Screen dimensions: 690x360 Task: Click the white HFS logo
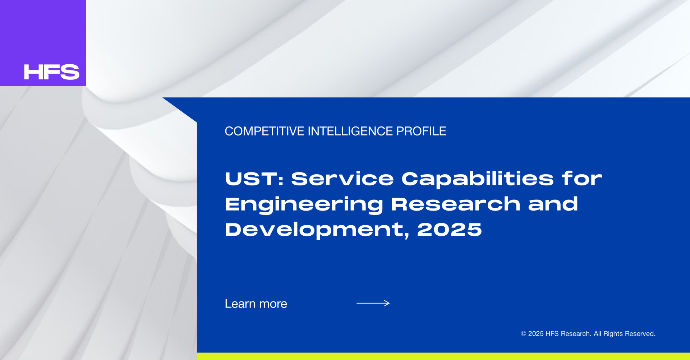pyautogui.click(x=51, y=72)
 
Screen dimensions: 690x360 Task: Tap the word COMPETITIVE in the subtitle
pyautogui.click(x=264, y=131)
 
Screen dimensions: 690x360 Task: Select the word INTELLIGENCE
pyautogui.click(x=350, y=131)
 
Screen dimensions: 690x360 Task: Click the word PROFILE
pyautogui.click(x=421, y=131)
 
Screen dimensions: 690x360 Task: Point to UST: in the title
pyautogui.click(x=254, y=179)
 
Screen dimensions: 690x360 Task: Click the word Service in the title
pyautogui.click(x=342, y=179)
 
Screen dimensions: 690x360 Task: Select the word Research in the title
pyautogui.click(x=456, y=204)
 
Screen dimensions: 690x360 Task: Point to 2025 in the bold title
pyautogui.click(x=449, y=230)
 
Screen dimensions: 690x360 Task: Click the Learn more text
pyautogui.click(x=256, y=304)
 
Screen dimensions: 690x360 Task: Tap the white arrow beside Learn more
pyautogui.click(x=373, y=303)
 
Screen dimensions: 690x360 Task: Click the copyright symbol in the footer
pyautogui.click(x=524, y=334)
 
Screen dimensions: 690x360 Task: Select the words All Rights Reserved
pyautogui.click(x=625, y=334)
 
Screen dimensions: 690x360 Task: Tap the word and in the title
pyautogui.click(x=553, y=204)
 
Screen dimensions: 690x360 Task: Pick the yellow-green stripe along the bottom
pyautogui.click(x=443, y=356)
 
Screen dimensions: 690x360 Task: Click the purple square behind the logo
pyautogui.click(x=43, y=32)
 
